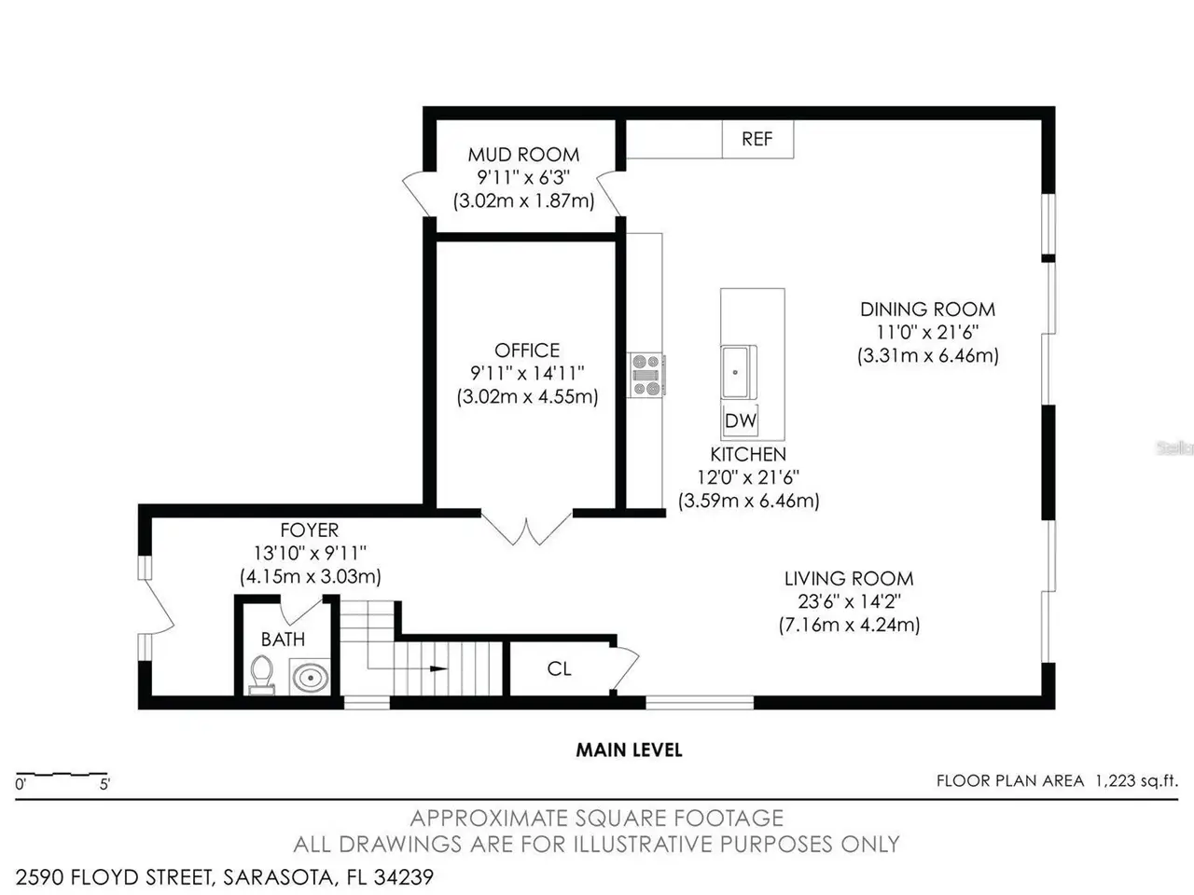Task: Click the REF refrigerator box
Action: click(x=757, y=139)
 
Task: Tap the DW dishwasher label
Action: click(x=741, y=420)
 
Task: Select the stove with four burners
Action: click(x=646, y=375)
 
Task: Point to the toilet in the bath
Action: click(x=261, y=675)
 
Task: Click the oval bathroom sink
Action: click(x=310, y=677)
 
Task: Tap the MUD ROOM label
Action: click(x=523, y=155)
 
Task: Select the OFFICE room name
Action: click(x=526, y=350)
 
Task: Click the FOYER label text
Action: click(x=309, y=530)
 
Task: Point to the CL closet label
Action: click(x=559, y=668)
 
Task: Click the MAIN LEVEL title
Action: click(x=629, y=750)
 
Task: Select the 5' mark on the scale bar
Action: click(x=105, y=784)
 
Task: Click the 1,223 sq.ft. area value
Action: click(x=1136, y=781)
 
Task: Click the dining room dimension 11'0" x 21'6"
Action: click(x=927, y=332)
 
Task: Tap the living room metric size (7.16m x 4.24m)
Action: click(x=849, y=625)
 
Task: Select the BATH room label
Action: click(x=283, y=640)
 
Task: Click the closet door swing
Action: click(x=626, y=668)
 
